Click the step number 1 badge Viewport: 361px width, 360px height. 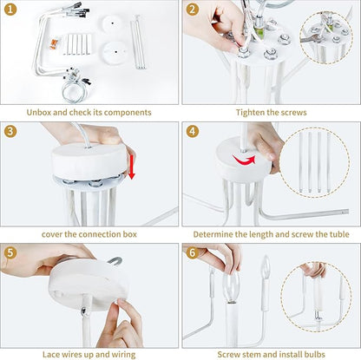pos(10,10)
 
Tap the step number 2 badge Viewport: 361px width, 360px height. pos(192,10)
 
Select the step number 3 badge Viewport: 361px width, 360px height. pos(10,131)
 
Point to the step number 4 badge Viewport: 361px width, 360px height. pos(192,131)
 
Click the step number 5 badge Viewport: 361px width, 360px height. pos(10,252)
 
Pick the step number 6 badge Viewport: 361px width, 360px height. pos(192,252)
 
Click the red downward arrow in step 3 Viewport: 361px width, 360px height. pos(132,167)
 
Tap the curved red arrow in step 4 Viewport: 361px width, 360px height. pos(244,160)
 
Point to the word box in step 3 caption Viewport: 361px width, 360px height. pos(129,234)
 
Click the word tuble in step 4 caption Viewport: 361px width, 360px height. pos(339,234)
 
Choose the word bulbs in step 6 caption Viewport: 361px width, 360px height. pos(314,354)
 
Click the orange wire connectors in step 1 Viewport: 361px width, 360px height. pos(54,43)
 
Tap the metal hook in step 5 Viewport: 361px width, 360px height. pos(115,260)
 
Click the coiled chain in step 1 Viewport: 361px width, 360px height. pos(75,90)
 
